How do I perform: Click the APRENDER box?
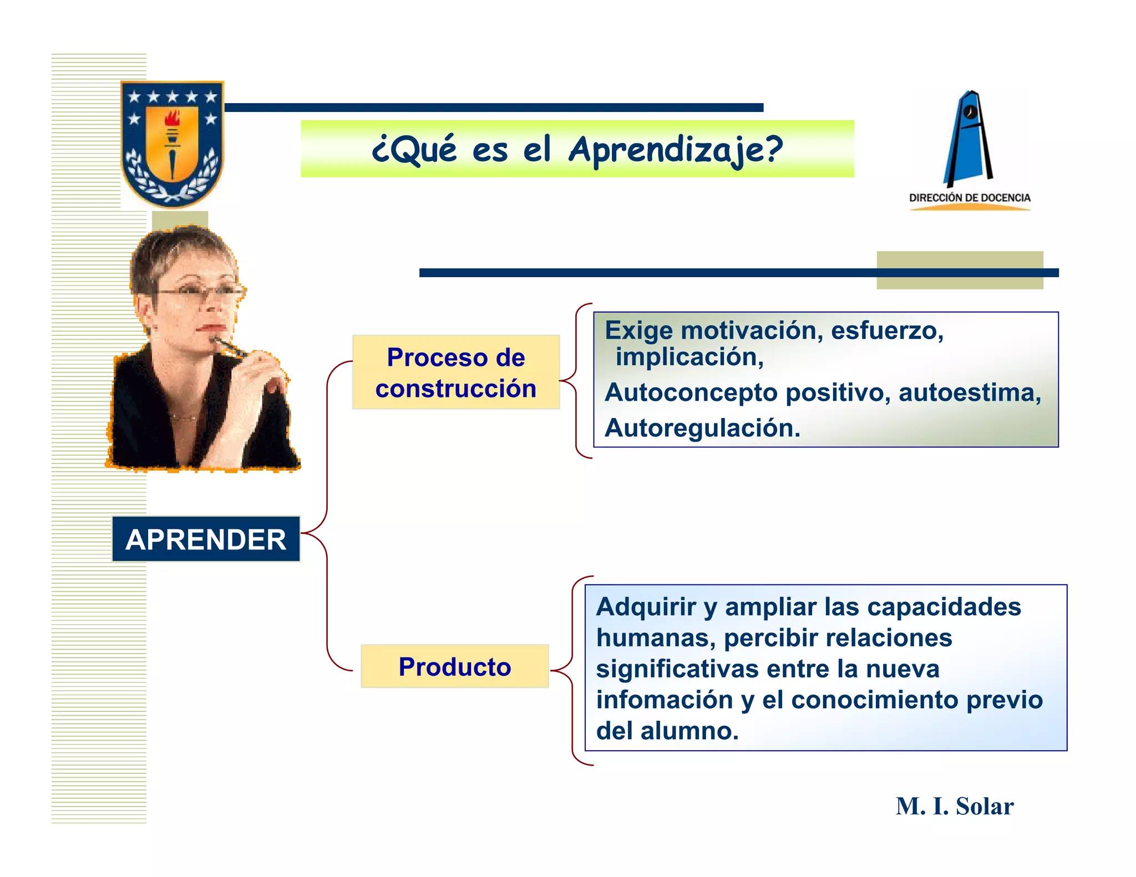[206, 539]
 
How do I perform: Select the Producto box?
[455, 666]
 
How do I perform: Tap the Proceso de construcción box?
[456, 373]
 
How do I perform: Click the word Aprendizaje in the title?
[675, 150]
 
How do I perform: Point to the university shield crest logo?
[173, 143]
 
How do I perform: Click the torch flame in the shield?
[173, 118]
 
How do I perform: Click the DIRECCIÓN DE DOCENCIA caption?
[970, 198]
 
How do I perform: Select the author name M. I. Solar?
[954, 806]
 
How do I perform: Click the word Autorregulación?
[702, 428]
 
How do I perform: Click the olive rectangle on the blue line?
[959, 270]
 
